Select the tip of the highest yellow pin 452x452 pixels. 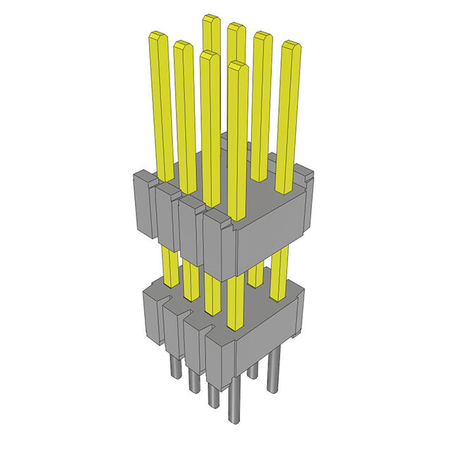click(x=210, y=18)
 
